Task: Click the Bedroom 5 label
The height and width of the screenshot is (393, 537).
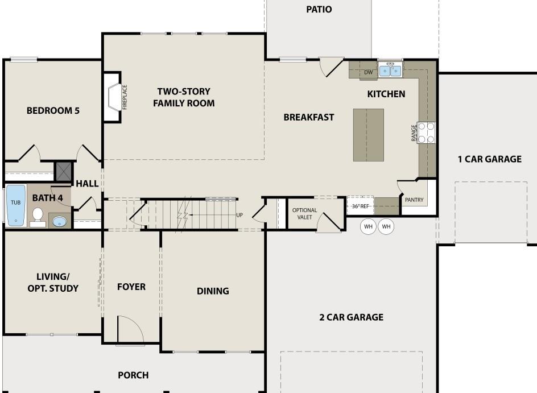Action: click(x=53, y=110)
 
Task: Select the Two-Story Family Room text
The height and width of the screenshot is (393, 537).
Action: click(x=184, y=97)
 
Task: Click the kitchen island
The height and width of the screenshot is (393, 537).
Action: click(x=368, y=135)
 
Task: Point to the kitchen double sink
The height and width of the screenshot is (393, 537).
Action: click(x=390, y=71)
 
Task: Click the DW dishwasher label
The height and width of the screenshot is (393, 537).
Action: click(x=368, y=72)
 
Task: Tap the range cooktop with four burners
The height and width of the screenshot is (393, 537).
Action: click(x=427, y=133)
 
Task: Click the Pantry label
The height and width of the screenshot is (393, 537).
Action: click(x=414, y=200)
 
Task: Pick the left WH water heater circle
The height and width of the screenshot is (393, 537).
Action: click(x=368, y=227)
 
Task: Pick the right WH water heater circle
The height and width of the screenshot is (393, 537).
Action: click(x=386, y=227)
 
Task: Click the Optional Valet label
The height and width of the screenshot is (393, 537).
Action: click(x=304, y=213)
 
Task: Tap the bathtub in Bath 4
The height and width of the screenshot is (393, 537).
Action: click(x=15, y=204)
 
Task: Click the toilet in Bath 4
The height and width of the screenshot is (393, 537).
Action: click(x=38, y=216)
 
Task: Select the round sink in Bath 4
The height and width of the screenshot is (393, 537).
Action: click(x=59, y=221)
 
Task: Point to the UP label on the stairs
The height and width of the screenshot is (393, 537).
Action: click(x=239, y=215)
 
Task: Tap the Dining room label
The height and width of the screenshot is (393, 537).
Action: click(x=213, y=291)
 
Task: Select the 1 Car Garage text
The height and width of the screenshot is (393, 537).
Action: click(x=489, y=159)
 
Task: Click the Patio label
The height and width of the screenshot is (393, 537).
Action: click(x=319, y=9)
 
